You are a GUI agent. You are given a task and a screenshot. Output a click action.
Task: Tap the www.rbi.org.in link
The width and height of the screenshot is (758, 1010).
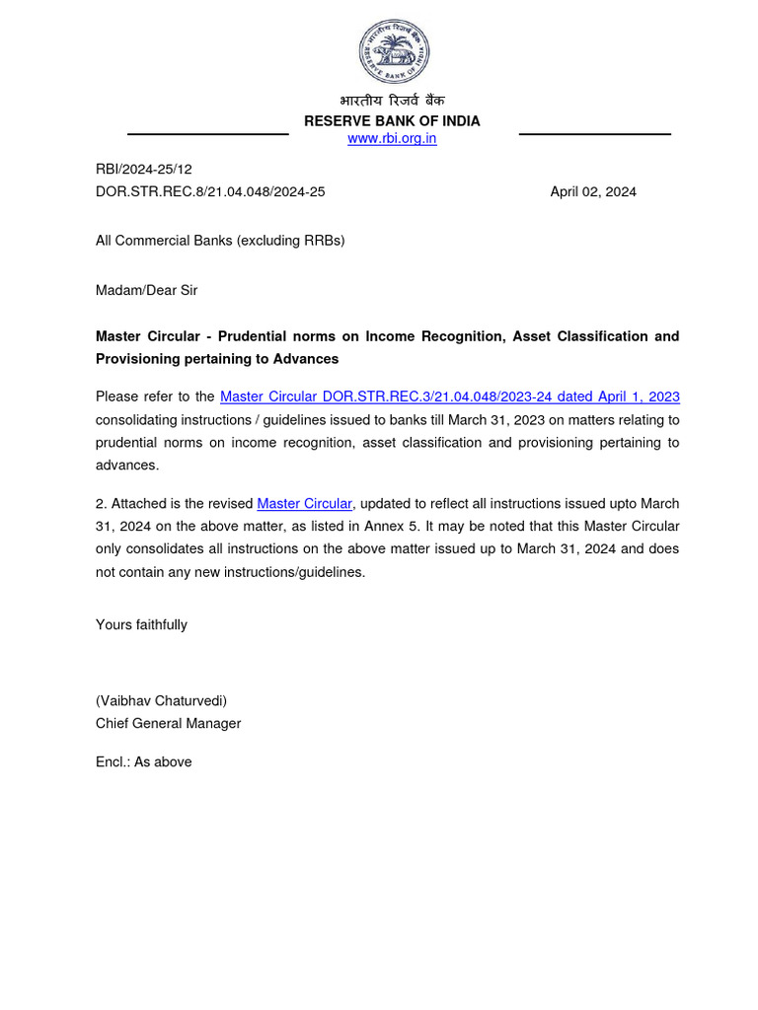click(x=392, y=139)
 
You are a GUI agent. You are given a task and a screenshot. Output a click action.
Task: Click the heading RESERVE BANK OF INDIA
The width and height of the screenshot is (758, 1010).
click(x=392, y=121)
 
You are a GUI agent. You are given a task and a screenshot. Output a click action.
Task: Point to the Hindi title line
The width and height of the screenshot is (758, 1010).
click(x=392, y=102)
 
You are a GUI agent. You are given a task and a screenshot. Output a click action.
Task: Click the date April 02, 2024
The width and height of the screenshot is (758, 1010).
click(x=592, y=192)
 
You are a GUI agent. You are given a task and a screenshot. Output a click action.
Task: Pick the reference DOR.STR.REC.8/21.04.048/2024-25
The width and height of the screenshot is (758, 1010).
click(x=210, y=192)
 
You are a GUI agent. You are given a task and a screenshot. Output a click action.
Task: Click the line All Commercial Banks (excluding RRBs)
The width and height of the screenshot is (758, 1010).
click(x=220, y=241)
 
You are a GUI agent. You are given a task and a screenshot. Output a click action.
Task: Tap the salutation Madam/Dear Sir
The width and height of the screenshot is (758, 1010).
click(x=146, y=290)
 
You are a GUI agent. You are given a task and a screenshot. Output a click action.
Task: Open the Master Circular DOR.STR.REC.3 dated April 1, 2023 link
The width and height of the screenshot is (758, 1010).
click(x=450, y=397)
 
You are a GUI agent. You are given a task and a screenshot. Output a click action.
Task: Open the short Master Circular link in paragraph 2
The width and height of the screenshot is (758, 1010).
click(x=304, y=504)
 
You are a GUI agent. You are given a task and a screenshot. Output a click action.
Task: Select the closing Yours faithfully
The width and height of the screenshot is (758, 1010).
click(x=141, y=624)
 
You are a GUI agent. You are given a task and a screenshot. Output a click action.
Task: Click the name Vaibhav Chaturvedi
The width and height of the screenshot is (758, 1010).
click(x=161, y=701)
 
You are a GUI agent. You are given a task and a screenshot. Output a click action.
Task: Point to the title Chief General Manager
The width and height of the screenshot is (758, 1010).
click(x=168, y=723)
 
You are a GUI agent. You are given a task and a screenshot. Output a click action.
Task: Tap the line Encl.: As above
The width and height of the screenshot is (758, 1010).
click(x=143, y=761)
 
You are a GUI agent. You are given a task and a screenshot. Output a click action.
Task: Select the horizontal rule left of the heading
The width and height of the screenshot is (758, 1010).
click(x=193, y=134)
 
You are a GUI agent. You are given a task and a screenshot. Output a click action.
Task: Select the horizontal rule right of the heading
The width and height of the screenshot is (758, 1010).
click(x=594, y=134)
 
